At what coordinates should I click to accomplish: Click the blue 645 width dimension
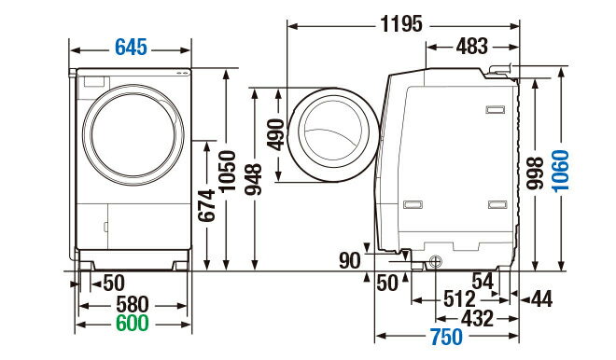[132, 48]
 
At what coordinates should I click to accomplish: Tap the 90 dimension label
[349, 260]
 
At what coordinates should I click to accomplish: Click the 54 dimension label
[483, 281]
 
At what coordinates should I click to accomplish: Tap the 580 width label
[132, 305]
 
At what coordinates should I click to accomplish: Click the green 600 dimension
[132, 324]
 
